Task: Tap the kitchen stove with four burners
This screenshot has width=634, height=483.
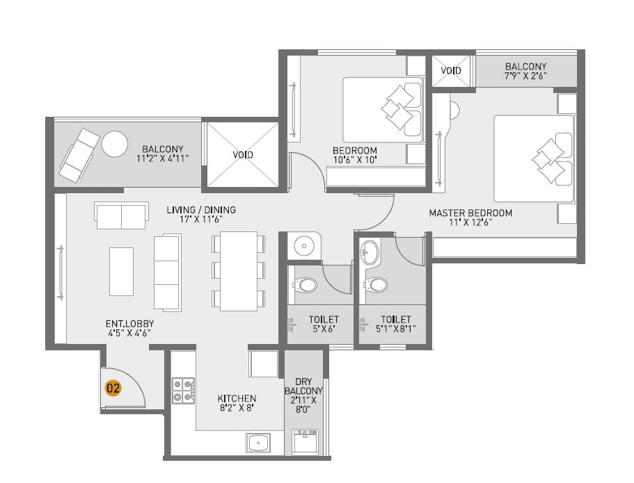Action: [x=183, y=391]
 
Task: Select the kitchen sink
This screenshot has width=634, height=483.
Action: [x=258, y=441]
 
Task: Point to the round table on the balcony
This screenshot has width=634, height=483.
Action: [x=114, y=144]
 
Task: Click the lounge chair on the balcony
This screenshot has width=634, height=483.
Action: [x=79, y=154]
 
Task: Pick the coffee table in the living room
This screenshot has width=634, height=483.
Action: [x=121, y=270]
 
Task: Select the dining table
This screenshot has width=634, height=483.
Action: [x=238, y=271]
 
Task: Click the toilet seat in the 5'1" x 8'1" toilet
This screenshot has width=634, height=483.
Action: [x=377, y=284]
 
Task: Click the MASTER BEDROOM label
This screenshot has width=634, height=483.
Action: [x=470, y=213]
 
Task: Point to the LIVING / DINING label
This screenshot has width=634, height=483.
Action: [x=200, y=209]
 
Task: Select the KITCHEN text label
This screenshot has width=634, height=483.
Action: [x=237, y=399]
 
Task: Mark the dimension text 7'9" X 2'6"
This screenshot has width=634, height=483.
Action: [x=525, y=76]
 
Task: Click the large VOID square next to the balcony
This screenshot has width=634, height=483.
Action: [x=242, y=154]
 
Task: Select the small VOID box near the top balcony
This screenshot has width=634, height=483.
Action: [x=451, y=71]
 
